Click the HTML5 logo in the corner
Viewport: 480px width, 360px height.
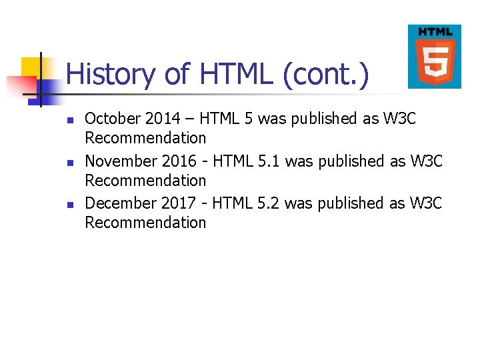(x=434, y=57)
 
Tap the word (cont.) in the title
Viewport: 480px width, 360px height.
(x=325, y=75)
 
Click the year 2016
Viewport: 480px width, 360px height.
(x=177, y=161)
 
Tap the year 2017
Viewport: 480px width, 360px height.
(x=177, y=203)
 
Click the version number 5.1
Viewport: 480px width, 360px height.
(x=267, y=161)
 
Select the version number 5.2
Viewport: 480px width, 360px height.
(x=267, y=203)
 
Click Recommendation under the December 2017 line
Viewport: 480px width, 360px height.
(x=145, y=222)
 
